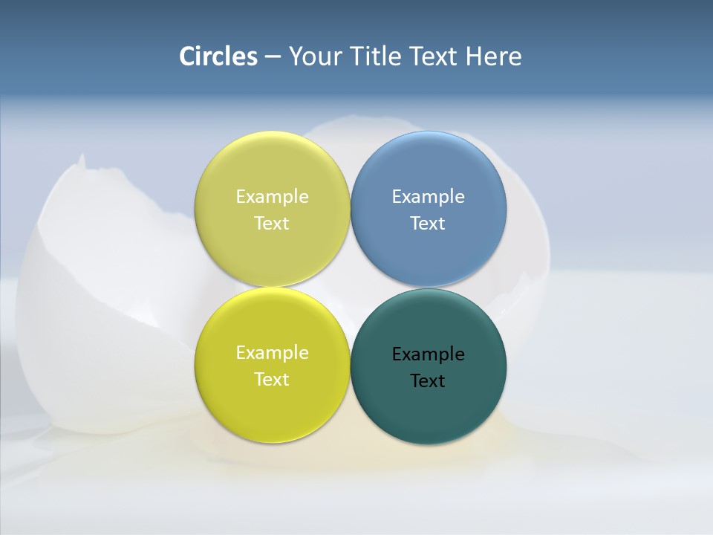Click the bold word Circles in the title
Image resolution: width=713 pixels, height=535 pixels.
point(218,56)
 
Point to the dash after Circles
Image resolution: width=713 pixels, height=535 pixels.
point(273,57)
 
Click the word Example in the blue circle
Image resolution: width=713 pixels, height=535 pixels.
point(428,197)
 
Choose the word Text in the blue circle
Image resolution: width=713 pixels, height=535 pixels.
point(428,224)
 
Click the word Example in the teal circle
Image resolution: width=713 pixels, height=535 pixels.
point(428,354)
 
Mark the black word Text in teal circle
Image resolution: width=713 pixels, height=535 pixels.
point(428,381)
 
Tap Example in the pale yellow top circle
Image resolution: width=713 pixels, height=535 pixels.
point(272,197)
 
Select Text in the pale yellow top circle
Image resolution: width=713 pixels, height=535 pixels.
point(272,224)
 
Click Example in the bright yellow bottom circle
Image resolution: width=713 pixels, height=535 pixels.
point(272,353)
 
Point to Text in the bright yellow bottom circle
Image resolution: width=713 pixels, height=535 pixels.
point(272,380)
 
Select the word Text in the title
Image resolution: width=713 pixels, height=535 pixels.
point(434,56)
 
